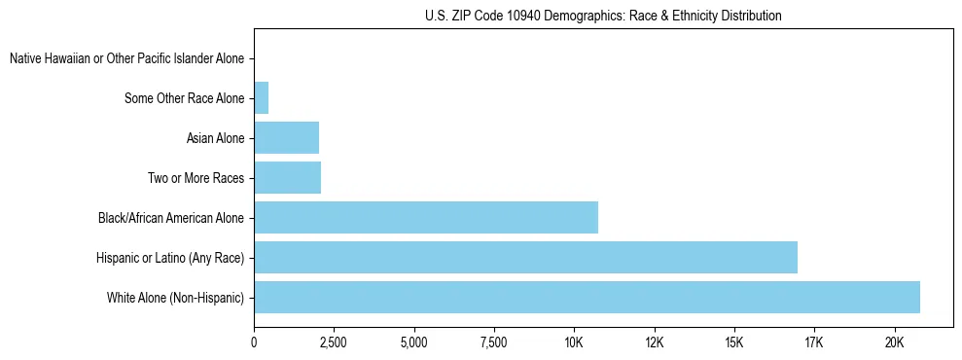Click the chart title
pyautogui.click(x=603, y=16)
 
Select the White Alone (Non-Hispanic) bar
pyautogui.click(x=587, y=297)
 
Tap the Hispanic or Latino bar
pyautogui.click(x=525, y=257)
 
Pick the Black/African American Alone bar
pyautogui.click(x=426, y=217)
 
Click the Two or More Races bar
pyautogui.click(x=287, y=177)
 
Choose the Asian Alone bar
pyautogui.click(x=286, y=138)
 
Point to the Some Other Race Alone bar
pyautogui.click(x=261, y=98)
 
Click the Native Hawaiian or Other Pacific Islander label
pyautogui.click(x=126, y=59)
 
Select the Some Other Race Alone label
pyautogui.click(x=185, y=98)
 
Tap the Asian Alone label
pyautogui.click(x=215, y=138)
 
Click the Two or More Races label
pyautogui.click(x=196, y=178)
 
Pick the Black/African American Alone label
pyautogui.click(x=171, y=218)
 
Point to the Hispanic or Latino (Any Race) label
pyautogui.click(x=170, y=257)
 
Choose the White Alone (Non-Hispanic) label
pyautogui.click(x=175, y=297)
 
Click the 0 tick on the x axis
pyautogui.click(x=254, y=342)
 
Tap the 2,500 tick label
pyautogui.click(x=334, y=342)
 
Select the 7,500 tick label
pyautogui.click(x=494, y=342)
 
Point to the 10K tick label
pyautogui.click(x=574, y=342)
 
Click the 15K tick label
pyautogui.click(x=734, y=342)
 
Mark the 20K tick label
pyautogui.click(x=894, y=342)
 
